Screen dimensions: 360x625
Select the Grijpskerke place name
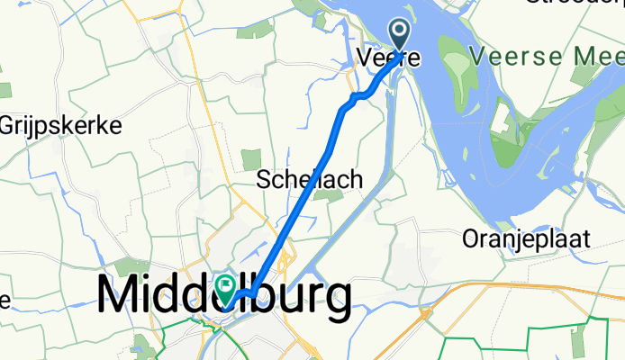61,125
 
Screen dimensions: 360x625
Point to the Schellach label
310,179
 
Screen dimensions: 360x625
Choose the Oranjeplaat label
527,239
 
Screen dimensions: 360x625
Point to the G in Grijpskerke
10,125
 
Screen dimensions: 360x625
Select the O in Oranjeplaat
471,239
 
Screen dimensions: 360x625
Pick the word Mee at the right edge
599,56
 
